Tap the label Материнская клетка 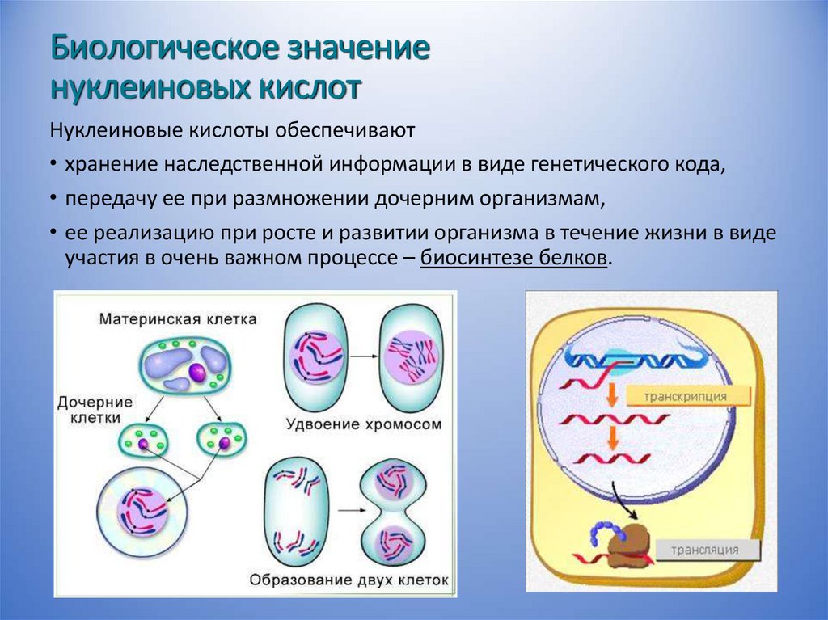(178, 319)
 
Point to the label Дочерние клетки (89, 410)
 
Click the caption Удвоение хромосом (364, 423)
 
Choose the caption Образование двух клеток (349, 580)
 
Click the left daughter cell (146, 441)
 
